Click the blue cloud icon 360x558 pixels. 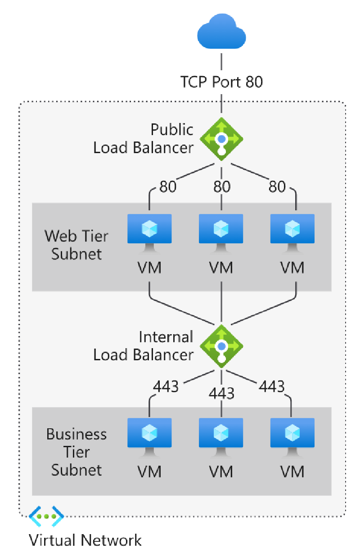pyautogui.click(x=221, y=33)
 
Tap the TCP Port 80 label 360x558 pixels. pyautogui.click(x=221, y=82)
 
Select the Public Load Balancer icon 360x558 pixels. pyautogui.click(x=221, y=139)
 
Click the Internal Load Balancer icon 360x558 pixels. pyautogui.click(x=221, y=346)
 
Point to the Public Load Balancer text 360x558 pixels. pyautogui.click(x=144, y=139)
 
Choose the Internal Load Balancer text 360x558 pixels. pyautogui.click(x=144, y=346)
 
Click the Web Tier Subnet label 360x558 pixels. pyautogui.click(x=76, y=245)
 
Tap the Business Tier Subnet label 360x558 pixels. pyautogui.click(x=76, y=452)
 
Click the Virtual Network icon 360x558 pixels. pyautogui.click(x=46, y=516)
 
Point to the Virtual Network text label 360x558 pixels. pyautogui.click(x=85, y=540)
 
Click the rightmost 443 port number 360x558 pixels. pyautogui.click(x=272, y=386)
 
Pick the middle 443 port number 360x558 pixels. pyautogui.click(x=221, y=393)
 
